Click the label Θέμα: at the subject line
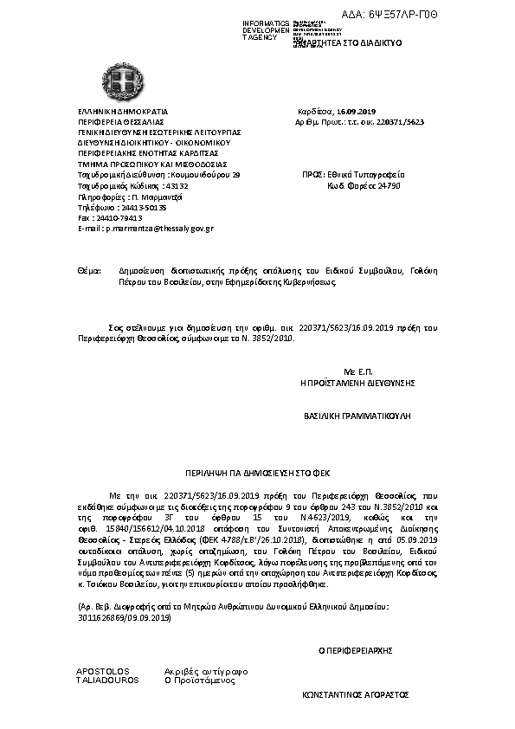coord(89,271)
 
